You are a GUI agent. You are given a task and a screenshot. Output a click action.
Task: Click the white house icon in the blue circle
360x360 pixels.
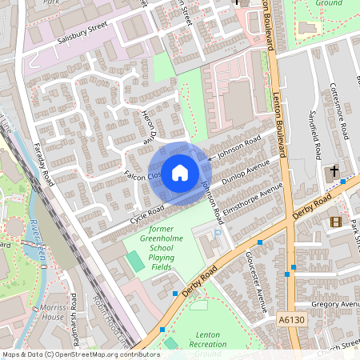coord(180,173)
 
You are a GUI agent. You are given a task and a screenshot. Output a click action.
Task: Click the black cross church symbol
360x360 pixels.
coord(334,171)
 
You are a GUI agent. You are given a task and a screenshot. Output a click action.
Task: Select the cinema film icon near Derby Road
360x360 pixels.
coord(335,222)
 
